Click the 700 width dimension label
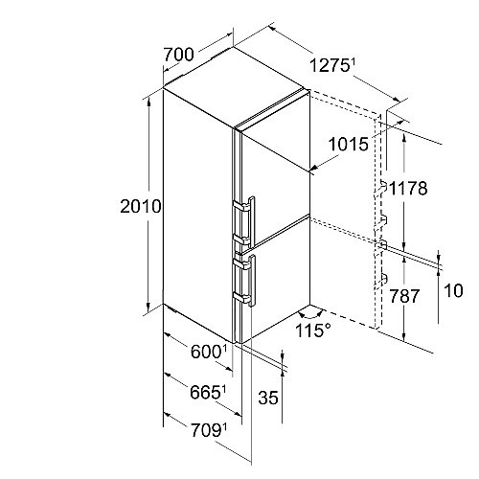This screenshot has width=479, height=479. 178,55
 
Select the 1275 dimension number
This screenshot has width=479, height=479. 329,66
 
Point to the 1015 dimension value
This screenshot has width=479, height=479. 349,144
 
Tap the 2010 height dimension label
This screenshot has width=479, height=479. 141,206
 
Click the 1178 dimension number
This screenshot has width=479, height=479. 408,188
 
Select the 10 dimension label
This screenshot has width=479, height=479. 453,291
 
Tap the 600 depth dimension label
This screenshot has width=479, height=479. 206,353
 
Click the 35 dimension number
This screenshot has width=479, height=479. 268,398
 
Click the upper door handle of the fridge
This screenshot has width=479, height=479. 252,220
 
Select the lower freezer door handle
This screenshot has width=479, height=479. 252,281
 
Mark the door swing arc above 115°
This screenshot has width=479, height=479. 310,316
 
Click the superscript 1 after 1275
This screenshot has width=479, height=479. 353,62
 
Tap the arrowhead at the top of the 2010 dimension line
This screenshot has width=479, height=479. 148,102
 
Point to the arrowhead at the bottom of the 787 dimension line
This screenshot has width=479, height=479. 404,337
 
